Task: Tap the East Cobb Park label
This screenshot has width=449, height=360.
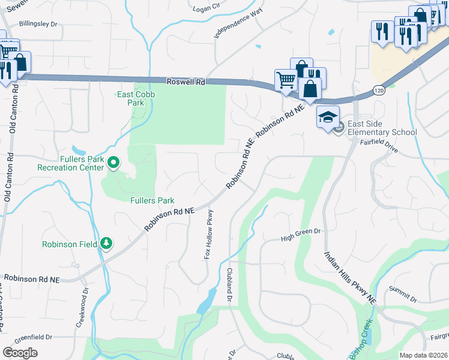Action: click(x=130, y=98)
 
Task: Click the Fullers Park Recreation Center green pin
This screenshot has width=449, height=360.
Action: click(x=113, y=162)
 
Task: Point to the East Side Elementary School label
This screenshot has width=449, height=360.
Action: click(x=382, y=132)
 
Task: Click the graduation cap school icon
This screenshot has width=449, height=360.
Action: click(x=328, y=116)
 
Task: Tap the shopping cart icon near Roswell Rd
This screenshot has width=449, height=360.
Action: click(x=286, y=79)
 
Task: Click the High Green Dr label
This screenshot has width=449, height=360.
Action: click(x=301, y=239)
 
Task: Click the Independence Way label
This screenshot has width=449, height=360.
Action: click(x=240, y=24)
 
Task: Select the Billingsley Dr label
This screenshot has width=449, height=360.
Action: click(x=38, y=24)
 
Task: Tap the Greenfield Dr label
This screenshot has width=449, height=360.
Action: click(x=34, y=337)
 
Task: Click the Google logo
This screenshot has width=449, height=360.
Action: click(x=20, y=352)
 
